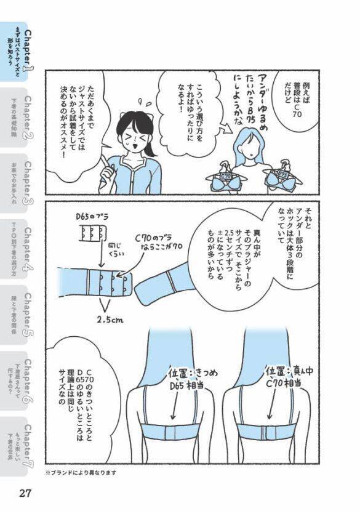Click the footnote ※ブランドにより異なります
(x=80, y=472)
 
